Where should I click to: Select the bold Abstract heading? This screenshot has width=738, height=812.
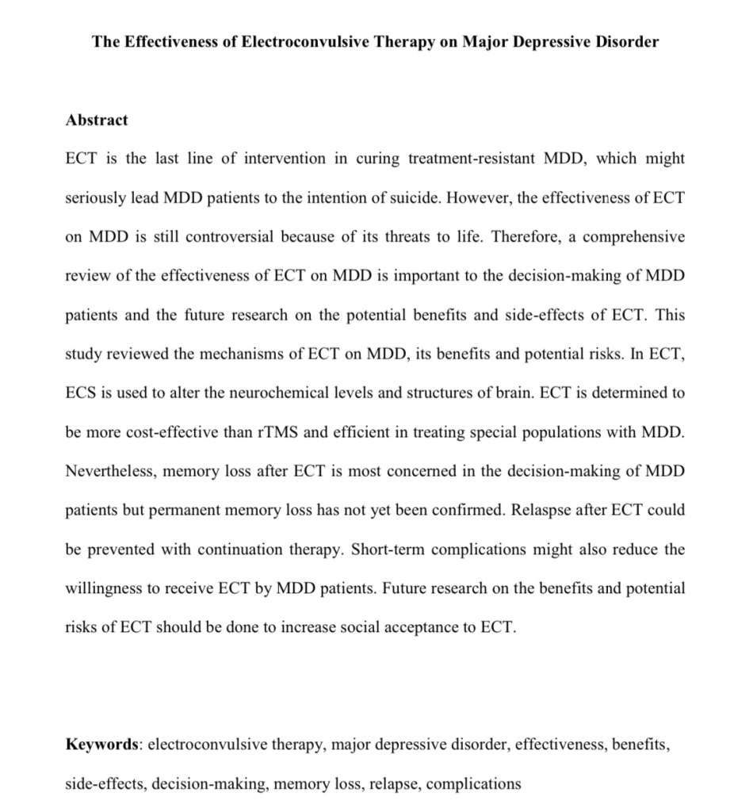click(96, 121)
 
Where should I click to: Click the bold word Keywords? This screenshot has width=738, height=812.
click(101, 745)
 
